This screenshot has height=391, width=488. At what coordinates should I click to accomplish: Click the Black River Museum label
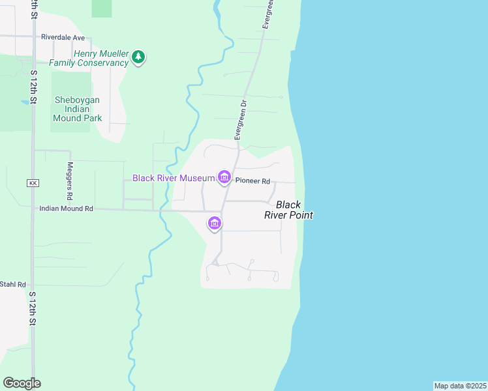click(x=174, y=178)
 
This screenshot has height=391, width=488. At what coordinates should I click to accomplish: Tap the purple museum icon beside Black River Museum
click(x=224, y=177)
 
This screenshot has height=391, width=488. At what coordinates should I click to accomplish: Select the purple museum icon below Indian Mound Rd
click(x=214, y=224)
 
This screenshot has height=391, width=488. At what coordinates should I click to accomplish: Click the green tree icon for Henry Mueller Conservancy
click(x=138, y=57)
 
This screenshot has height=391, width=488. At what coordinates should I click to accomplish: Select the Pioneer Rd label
click(x=252, y=181)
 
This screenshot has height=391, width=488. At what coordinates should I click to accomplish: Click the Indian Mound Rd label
click(x=66, y=209)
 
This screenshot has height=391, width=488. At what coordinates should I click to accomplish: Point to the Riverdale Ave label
click(x=63, y=38)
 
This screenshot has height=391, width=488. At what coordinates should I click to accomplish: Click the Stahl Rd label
click(x=12, y=284)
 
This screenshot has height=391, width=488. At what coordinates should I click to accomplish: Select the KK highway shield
click(x=33, y=184)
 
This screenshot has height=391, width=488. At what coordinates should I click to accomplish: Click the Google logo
click(x=22, y=383)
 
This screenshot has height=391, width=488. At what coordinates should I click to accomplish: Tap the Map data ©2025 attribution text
click(x=460, y=386)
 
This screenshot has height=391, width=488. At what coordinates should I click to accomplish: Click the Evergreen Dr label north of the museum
click(x=241, y=120)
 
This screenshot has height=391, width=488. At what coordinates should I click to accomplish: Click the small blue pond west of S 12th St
click(x=25, y=102)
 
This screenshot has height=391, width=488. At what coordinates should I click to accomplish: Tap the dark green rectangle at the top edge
click(x=101, y=8)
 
